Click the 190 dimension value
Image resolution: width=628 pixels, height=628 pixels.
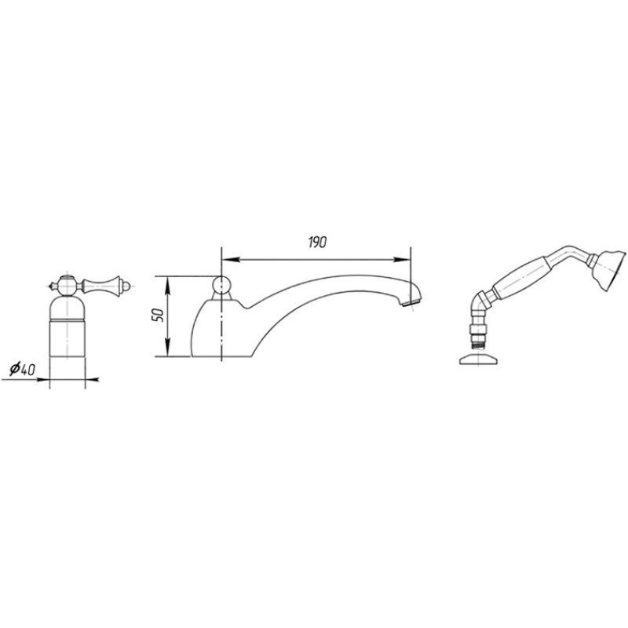[317, 243]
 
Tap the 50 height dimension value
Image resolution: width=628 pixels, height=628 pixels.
[158, 316]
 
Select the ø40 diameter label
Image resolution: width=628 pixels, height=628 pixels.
[23, 368]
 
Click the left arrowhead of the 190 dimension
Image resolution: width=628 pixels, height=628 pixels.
[230, 260]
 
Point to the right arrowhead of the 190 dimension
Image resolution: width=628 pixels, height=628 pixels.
[402, 260]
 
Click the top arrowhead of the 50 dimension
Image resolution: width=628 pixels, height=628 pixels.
[168, 284]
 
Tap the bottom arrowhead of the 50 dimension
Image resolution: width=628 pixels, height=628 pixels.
[168, 348]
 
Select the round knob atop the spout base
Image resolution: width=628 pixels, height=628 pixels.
[221, 285]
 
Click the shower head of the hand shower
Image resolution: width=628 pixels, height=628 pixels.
[608, 268]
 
